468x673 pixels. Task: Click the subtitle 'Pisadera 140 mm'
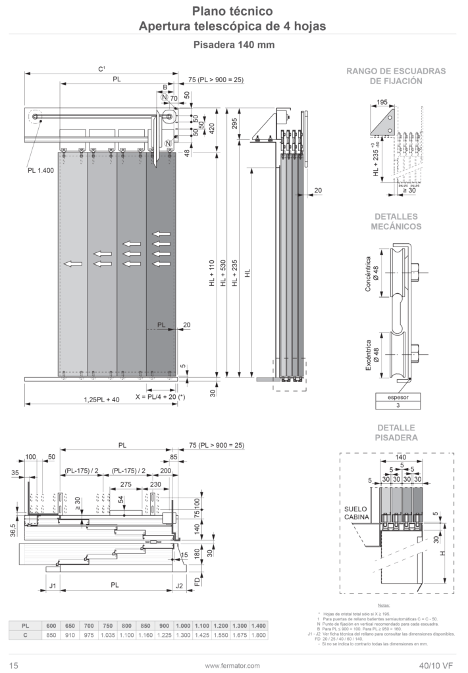pos(234,45)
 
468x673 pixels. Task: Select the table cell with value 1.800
pos(259,636)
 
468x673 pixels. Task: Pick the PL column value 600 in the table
pos(51,626)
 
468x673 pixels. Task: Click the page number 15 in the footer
pos(13,665)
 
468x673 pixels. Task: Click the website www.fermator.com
pos(233,665)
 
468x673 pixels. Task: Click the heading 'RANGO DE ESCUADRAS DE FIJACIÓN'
pos(396,76)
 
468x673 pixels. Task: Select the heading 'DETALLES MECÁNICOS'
pos(396,221)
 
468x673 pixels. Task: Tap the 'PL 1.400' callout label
pos(41,170)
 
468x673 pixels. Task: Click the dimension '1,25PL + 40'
pos(102,399)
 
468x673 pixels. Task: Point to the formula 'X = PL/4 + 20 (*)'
pos(161,398)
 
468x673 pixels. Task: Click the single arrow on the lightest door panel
pos(72,264)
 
